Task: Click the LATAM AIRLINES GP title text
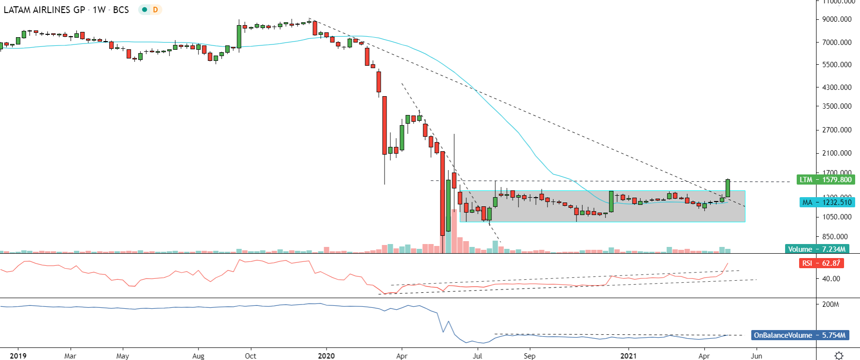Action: pyautogui.click(x=44, y=10)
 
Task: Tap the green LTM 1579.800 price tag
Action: pyautogui.click(x=825, y=180)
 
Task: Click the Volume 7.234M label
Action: pyautogui.click(x=817, y=249)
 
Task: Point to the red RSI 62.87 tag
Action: pyautogui.click(x=821, y=263)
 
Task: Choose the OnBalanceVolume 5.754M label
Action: pyautogui.click(x=800, y=335)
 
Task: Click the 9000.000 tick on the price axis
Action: pyautogui.click(x=837, y=19)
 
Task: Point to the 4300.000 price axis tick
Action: pyautogui.click(x=837, y=87)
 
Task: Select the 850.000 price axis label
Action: pyautogui.click(x=835, y=237)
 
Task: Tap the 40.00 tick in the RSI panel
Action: pyautogui.click(x=831, y=279)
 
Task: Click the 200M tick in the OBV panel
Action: pyautogui.click(x=831, y=304)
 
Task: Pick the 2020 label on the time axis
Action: pyautogui.click(x=326, y=356)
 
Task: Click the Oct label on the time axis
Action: pyautogui.click(x=250, y=356)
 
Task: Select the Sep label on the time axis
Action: pyautogui.click(x=530, y=356)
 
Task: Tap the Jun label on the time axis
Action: pyautogui.click(x=757, y=356)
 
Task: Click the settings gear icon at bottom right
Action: pyautogui.click(x=839, y=356)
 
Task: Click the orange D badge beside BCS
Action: pyautogui.click(x=155, y=10)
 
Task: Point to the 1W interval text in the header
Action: pyautogui.click(x=99, y=10)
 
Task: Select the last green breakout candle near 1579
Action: pyautogui.click(x=728, y=188)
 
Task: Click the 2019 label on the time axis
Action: pyautogui.click(x=18, y=356)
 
